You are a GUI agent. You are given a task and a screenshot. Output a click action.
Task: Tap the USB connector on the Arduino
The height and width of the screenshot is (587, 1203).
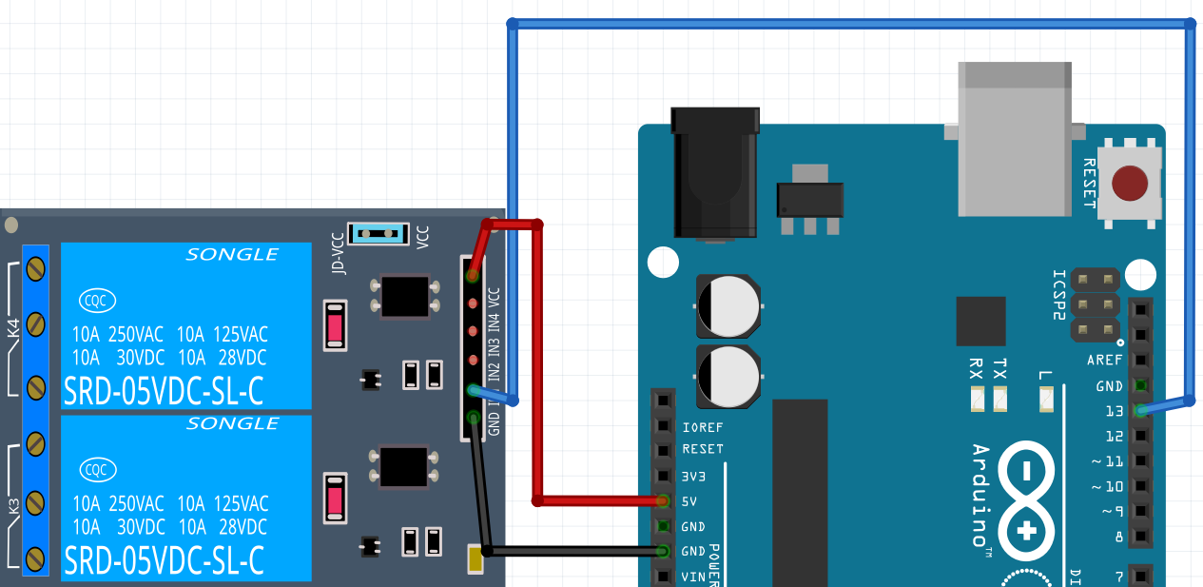click(1016, 138)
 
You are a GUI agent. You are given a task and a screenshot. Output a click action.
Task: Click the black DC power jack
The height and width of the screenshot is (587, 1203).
click(715, 171)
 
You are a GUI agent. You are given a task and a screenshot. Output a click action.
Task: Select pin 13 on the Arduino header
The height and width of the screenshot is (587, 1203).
click(1141, 410)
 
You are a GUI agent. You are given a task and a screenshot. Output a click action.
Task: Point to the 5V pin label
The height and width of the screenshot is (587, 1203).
click(690, 500)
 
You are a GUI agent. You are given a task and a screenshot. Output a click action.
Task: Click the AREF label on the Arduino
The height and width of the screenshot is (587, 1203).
click(1104, 361)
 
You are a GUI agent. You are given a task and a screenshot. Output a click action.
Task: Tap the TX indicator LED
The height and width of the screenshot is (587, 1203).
click(999, 401)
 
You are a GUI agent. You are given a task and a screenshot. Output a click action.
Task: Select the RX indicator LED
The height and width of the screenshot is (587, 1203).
click(977, 401)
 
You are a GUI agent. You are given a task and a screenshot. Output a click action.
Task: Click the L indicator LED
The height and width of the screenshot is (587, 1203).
click(1046, 401)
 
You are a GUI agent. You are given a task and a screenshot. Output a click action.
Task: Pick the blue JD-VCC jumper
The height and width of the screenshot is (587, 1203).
click(378, 233)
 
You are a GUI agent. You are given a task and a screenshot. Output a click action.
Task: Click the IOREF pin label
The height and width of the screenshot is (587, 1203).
click(703, 427)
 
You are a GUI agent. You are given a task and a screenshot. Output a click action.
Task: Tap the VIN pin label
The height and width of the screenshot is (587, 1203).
click(691, 577)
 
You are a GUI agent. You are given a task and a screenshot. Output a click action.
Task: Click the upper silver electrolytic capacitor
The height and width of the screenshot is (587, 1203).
click(728, 305)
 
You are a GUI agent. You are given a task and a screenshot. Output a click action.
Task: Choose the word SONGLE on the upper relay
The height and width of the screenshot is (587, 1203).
click(232, 255)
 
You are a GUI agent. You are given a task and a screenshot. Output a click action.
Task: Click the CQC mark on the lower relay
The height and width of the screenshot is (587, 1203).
click(96, 469)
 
